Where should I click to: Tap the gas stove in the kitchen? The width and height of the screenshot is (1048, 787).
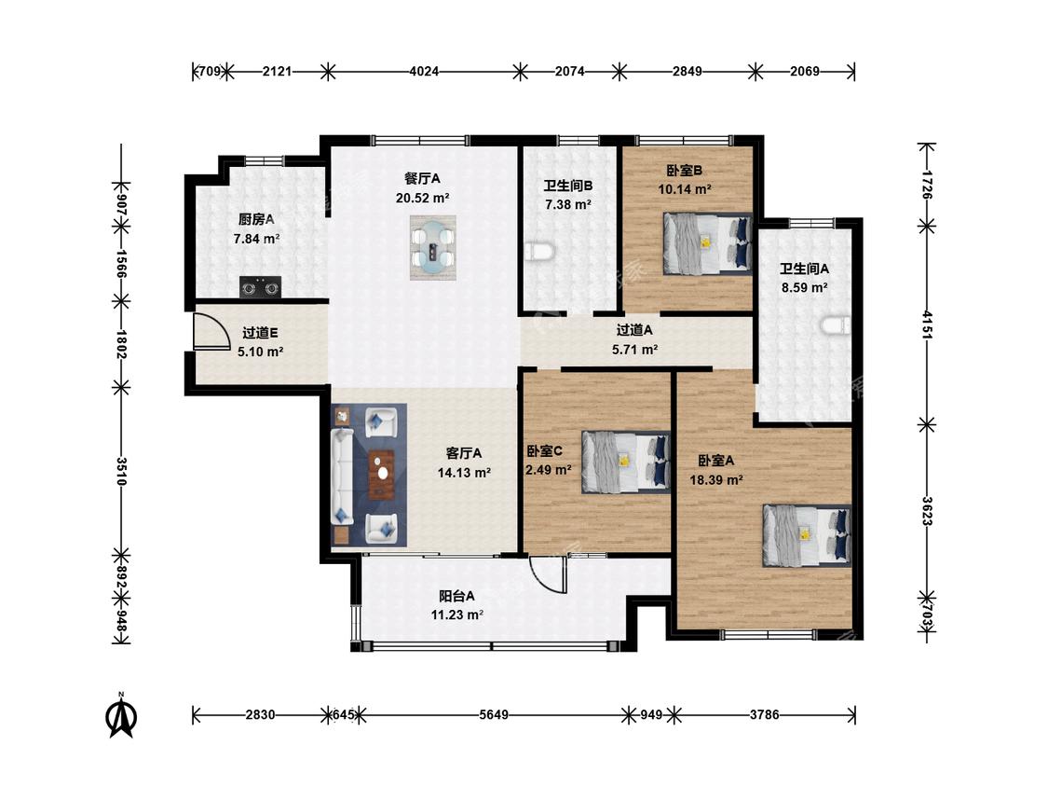pyautogui.click(x=260, y=288)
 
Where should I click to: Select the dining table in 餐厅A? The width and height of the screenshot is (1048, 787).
pyautogui.click(x=433, y=248)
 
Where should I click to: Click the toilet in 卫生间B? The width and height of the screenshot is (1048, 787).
pyautogui.click(x=539, y=252)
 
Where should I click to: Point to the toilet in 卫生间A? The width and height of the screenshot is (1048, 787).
pyautogui.click(x=837, y=325)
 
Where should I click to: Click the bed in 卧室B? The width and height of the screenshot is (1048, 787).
pyautogui.click(x=708, y=244)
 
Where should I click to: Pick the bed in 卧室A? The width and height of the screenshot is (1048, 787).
pyautogui.click(x=807, y=535)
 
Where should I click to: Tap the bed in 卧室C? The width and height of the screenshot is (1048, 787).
pyautogui.click(x=626, y=462)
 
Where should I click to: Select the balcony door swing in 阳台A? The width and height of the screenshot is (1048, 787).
pyautogui.click(x=548, y=574)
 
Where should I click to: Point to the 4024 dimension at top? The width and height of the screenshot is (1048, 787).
pyautogui.click(x=424, y=71)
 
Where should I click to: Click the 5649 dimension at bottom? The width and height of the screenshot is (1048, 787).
pyautogui.click(x=493, y=714)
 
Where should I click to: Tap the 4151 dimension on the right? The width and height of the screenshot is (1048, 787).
pyautogui.click(x=926, y=324)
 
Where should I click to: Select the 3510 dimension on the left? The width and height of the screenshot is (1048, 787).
pyautogui.click(x=121, y=471)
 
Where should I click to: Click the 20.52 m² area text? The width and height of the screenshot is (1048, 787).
pyautogui.click(x=422, y=198)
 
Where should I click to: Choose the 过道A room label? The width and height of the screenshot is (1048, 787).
pyautogui.click(x=634, y=330)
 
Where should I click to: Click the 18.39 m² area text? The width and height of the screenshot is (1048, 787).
pyautogui.click(x=716, y=480)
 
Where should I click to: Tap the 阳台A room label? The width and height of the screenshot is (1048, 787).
pyautogui.click(x=457, y=596)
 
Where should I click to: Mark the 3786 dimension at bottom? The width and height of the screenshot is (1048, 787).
pyautogui.click(x=764, y=714)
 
